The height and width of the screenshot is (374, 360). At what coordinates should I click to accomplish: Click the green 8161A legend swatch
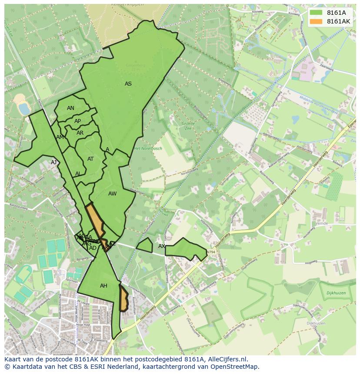click(x=316, y=13)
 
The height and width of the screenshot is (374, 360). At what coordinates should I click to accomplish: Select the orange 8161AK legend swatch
click(x=316, y=21)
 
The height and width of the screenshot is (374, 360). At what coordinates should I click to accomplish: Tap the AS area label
click(x=128, y=84)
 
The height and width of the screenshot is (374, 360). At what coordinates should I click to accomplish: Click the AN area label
click(x=70, y=108)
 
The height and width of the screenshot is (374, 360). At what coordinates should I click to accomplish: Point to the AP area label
click(x=77, y=121)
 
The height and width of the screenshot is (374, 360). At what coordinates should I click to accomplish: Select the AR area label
click(x=80, y=133)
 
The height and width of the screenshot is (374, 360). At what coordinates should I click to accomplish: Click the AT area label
click(x=90, y=159)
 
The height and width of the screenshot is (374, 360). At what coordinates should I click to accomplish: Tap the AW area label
click(x=112, y=194)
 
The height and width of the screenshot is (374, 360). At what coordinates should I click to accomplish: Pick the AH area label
click(x=103, y=286)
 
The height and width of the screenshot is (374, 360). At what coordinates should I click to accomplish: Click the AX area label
click(x=162, y=246)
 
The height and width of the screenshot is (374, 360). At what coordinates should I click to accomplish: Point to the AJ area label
click(x=54, y=162)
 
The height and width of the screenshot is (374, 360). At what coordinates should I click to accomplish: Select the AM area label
click(x=60, y=137)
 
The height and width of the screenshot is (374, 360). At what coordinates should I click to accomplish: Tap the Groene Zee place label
click(x=188, y=126)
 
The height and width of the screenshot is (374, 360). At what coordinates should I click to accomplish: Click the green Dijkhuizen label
click(x=336, y=293)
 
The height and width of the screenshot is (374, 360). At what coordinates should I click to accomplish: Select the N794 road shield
click(x=211, y=252)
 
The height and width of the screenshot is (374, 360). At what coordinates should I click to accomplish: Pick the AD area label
click(x=93, y=248)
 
